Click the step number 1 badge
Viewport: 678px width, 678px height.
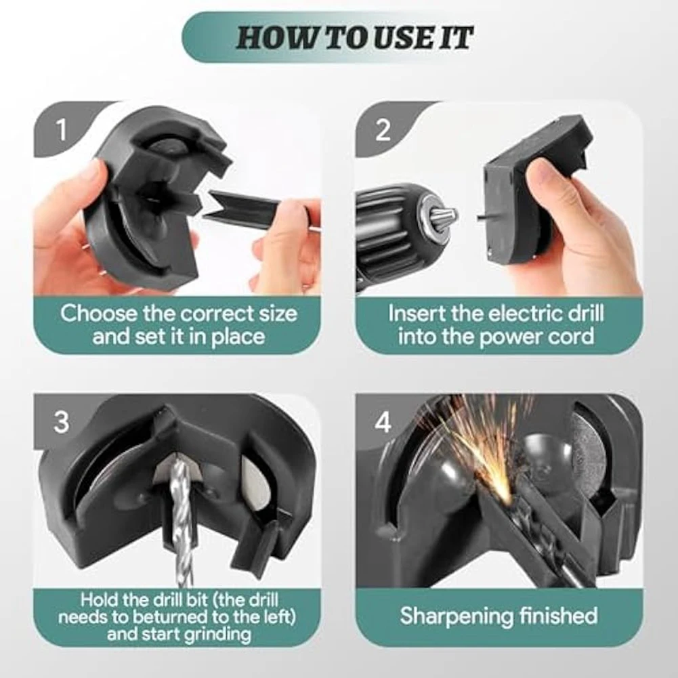(62, 129)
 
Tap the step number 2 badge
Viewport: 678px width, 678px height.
(383, 129)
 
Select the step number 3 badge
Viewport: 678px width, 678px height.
(62, 423)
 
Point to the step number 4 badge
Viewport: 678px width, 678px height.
(383, 423)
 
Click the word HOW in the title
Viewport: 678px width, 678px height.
(273, 39)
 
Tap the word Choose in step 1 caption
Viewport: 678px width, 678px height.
(99, 314)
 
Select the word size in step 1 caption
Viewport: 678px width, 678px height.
(272, 314)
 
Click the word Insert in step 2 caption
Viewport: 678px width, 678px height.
(418, 314)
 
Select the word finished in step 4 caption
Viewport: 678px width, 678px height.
(557, 616)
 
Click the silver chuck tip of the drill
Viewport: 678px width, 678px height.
(441, 217)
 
